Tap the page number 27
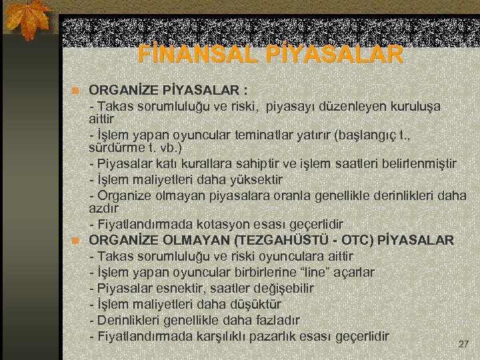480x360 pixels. (464, 344)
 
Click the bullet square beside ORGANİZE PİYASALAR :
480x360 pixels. (77, 90)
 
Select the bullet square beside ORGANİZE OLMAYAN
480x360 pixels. (77, 240)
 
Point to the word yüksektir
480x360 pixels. (256, 179)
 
